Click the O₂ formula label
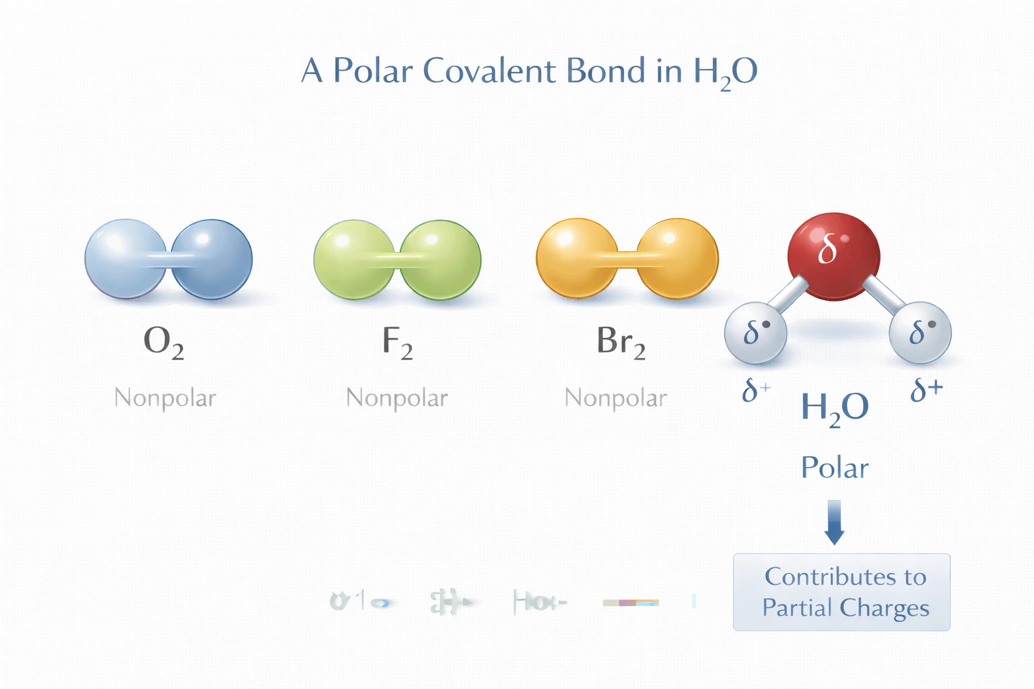pyautogui.click(x=164, y=341)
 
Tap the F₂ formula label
pyautogui.click(x=397, y=341)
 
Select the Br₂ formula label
pyautogui.click(x=621, y=341)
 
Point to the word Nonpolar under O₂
pyautogui.click(x=165, y=398)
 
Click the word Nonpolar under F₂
pyautogui.click(x=397, y=398)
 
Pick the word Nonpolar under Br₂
pyautogui.click(x=615, y=398)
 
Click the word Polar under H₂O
pyautogui.click(x=835, y=468)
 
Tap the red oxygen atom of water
pyautogui.click(x=833, y=256)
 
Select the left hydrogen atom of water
pyautogui.click(x=755, y=332)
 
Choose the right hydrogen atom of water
pyautogui.click(x=920, y=332)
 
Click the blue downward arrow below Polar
pyautogui.click(x=834, y=522)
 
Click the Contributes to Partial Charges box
pyautogui.click(x=841, y=592)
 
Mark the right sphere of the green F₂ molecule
pyautogui.click(x=441, y=260)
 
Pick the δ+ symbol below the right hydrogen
pyautogui.click(x=926, y=390)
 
